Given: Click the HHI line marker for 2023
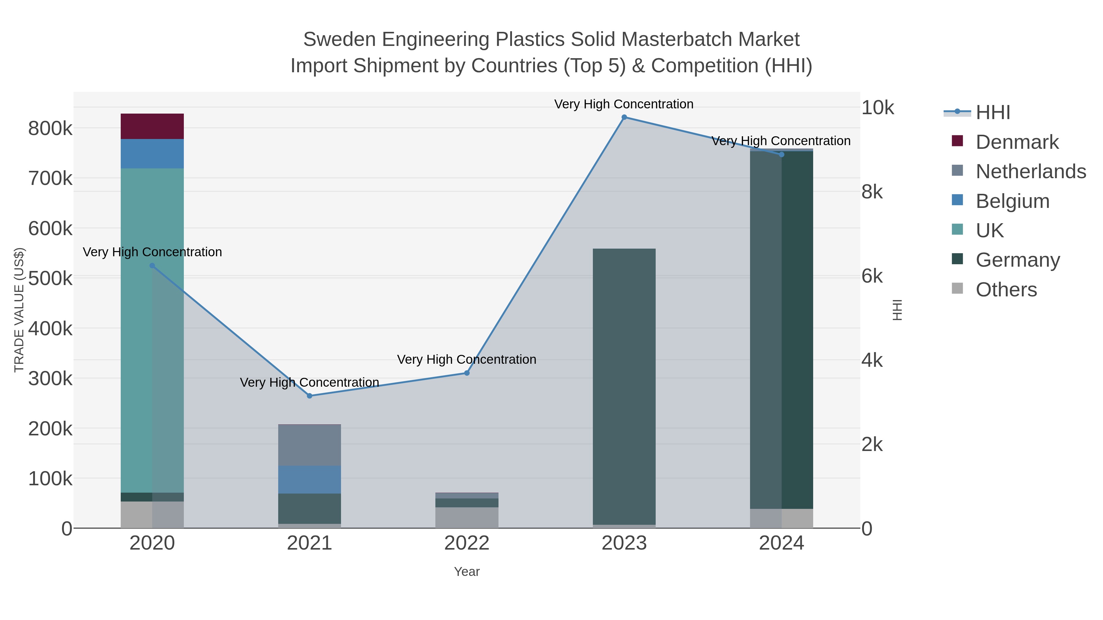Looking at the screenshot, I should (x=624, y=117).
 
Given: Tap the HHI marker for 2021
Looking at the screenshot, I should (x=309, y=396).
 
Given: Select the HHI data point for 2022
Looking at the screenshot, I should (x=467, y=373).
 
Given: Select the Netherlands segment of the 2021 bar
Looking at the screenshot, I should (x=309, y=445).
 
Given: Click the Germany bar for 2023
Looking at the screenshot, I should (x=624, y=385).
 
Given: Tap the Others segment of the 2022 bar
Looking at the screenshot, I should (x=467, y=517).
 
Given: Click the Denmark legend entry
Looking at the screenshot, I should (x=1017, y=142).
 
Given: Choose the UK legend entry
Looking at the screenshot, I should (x=989, y=231).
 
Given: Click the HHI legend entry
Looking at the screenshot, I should (x=992, y=113).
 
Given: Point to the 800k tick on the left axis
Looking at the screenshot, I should (x=50, y=128).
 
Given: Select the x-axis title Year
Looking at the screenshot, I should (x=467, y=572).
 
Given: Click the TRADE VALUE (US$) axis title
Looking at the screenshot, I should (x=19, y=310).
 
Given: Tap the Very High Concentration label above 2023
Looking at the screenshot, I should (x=624, y=104).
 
